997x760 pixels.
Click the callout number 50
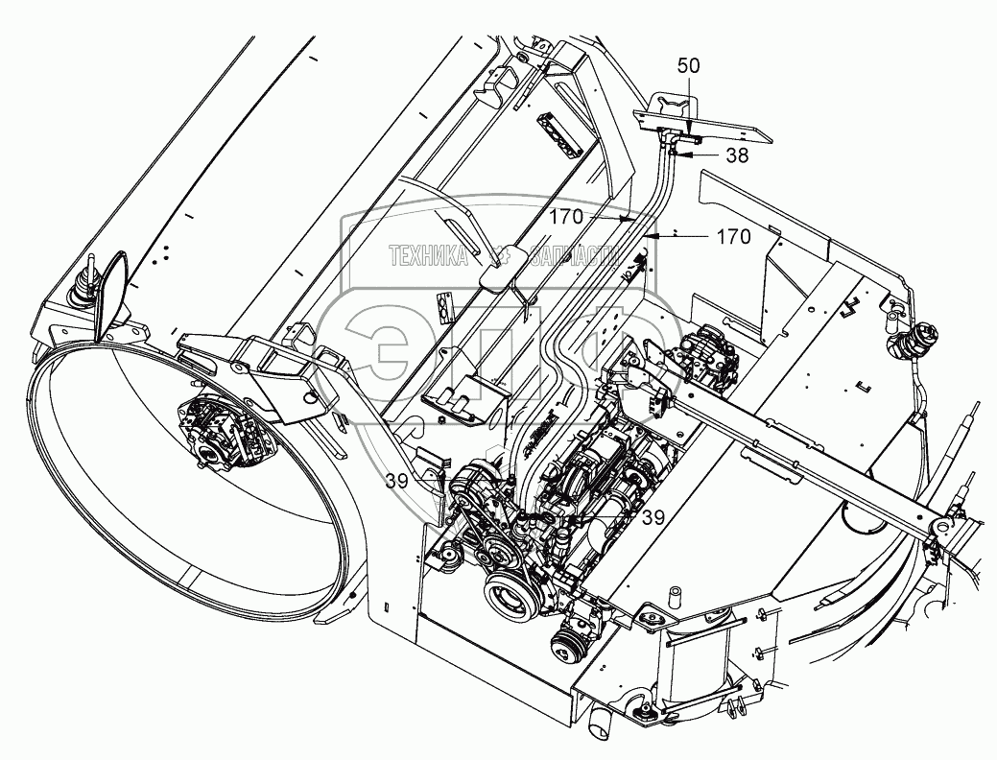(x=688, y=66)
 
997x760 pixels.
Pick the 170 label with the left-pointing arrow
(x=732, y=236)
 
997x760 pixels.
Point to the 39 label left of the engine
(x=403, y=481)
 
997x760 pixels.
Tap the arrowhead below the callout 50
(x=688, y=130)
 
